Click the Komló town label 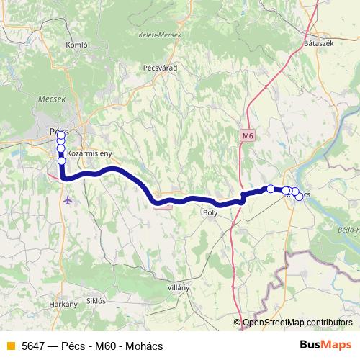[76, 44]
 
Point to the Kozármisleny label [89, 153]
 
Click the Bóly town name [210, 212]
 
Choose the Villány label [178, 287]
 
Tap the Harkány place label [63, 305]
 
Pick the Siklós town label [96, 300]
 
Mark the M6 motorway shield [248, 135]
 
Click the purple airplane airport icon [68, 200]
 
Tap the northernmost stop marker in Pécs [61, 135]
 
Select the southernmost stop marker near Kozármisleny [62, 161]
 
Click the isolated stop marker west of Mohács [271, 189]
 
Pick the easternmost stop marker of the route [299, 197]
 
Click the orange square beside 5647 [10, 345]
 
